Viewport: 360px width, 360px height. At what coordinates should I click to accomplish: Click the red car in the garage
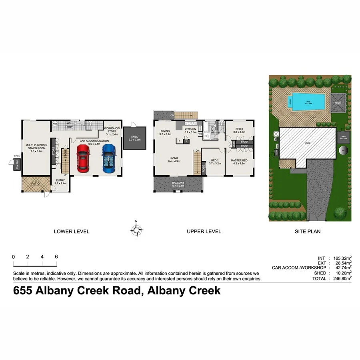[x=83, y=158]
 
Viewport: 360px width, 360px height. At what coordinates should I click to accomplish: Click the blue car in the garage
[x=108, y=158]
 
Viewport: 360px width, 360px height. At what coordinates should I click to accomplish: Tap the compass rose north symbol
[x=136, y=229]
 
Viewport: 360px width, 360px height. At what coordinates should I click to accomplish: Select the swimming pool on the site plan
[x=309, y=102]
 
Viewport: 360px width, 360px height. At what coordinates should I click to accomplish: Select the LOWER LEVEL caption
[x=72, y=231]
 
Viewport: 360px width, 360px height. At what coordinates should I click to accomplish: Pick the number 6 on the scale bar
[x=56, y=257]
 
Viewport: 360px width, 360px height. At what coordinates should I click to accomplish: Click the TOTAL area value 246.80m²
[x=342, y=278]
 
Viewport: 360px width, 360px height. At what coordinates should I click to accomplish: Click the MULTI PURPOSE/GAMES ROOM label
[x=36, y=146]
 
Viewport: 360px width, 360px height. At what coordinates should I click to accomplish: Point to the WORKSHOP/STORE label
[x=111, y=130]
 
